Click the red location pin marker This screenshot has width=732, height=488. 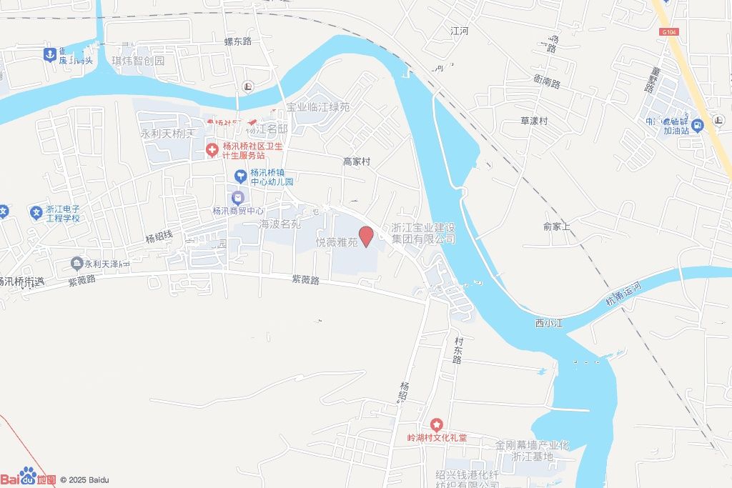pyautogui.click(x=366, y=236)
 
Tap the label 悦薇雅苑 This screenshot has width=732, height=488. pyautogui.click(x=336, y=243)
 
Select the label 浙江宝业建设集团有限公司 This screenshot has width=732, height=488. pyautogui.click(x=423, y=233)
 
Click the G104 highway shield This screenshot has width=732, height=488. pyautogui.click(x=668, y=31)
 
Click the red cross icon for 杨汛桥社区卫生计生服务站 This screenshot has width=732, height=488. pyautogui.click(x=212, y=150)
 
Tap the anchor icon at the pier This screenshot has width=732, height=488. pyautogui.click(x=49, y=54)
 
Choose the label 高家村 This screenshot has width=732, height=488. pyautogui.click(x=357, y=162)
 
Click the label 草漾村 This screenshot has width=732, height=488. pyautogui.click(x=533, y=121)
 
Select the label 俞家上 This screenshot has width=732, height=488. pyautogui.click(x=557, y=226)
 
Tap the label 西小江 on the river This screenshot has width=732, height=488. pyautogui.click(x=549, y=324)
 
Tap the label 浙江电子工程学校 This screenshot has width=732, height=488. pyautogui.click(x=63, y=213)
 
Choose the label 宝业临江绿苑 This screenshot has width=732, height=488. pyautogui.click(x=318, y=107)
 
